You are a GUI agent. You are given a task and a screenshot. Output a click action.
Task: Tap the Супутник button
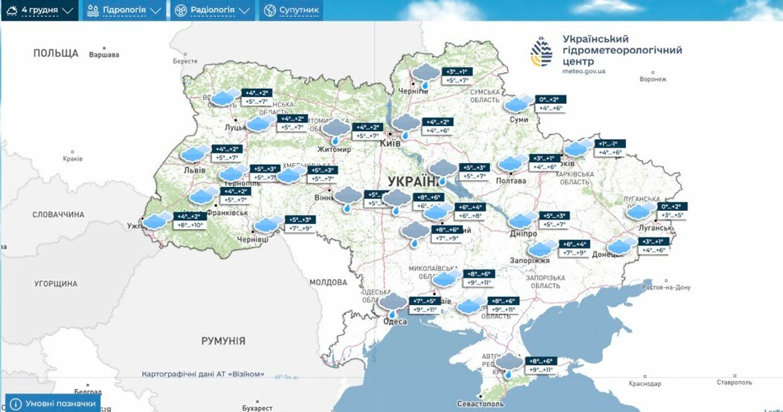click(x=292, y=10)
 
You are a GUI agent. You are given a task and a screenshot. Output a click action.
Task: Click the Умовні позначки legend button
click(x=53, y=404)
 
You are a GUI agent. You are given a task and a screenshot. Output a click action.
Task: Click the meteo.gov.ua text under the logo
click(x=583, y=71)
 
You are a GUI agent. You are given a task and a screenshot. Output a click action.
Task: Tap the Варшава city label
click(x=104, y=55)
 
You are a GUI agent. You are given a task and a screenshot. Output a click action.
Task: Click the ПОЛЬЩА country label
click(x=56, y=54)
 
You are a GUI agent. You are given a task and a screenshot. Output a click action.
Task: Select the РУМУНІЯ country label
click(x=223, y=341)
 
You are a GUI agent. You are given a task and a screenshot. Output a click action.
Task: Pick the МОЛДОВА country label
click(x=328, y=283)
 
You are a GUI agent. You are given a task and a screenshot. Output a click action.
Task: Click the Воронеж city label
click(x=653, y=80)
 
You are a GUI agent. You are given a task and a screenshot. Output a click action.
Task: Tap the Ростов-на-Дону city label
click(x=666, y=287)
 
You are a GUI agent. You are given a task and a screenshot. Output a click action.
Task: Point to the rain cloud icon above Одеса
click(x=393, y=304)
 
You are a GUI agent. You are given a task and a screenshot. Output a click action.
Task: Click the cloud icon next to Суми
click(x=519, y=104)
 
